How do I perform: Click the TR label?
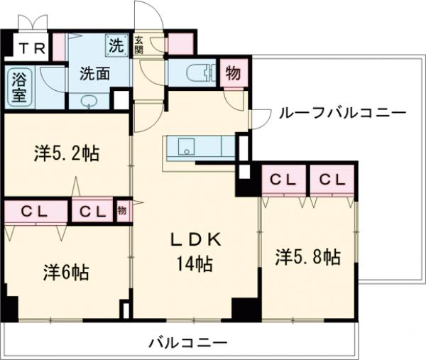tap(29, 48)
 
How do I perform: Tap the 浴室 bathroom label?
tap(18, 85)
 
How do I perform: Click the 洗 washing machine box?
tap(116, 45)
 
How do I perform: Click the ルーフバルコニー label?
tap(342, 112)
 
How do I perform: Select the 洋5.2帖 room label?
tap(65, 153)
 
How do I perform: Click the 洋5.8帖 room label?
tap(307, 257)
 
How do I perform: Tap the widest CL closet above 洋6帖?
tap(34, 211)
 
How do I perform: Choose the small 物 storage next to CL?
tap(121, 210)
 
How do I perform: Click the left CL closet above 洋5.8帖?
tap(282, 180)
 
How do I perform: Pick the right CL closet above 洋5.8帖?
tap(331, 180)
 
